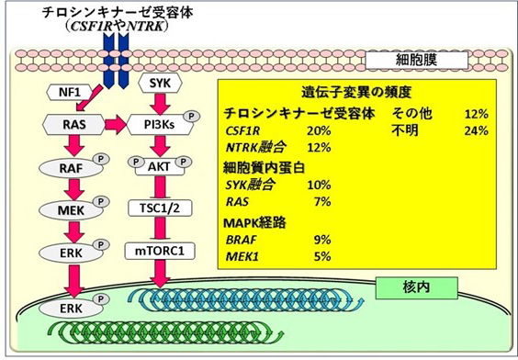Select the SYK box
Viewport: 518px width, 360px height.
pyautogui.click(x=156, y=84)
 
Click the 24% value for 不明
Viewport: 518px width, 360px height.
pyautogui.click(x=476, y=131)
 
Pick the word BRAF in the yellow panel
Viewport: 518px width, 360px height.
pyautogui.click(x=242, y=241)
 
